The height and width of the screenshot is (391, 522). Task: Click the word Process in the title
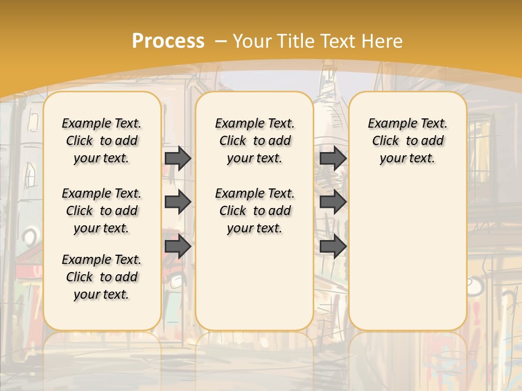[x=168, y=41]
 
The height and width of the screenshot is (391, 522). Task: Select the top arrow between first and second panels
[x=178, y=158]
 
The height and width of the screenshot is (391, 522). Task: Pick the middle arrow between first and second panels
[x=178, y=202]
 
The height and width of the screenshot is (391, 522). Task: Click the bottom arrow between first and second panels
[x=178, y=247]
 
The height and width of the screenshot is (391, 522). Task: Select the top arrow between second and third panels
[x=333, y=158]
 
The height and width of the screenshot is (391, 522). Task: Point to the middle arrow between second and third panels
[x=333, y=202]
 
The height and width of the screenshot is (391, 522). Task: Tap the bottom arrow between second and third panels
[x=333, y=247]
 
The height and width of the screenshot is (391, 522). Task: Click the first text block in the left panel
[x=102, y=141]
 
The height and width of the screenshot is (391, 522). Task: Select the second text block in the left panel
[x=102, y=211]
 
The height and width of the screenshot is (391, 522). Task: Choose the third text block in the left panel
[x=102, y=277]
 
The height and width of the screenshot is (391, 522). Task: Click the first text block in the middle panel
[x=254, y=141]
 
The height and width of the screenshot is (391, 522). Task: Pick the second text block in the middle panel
[x=254, y=211]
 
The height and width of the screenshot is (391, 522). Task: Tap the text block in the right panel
[x=407, y=141]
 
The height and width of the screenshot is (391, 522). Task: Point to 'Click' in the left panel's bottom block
[x=79, y=277]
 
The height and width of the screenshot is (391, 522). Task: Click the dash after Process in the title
[x=221, y=41]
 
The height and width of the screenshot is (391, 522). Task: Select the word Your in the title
[x=253, y=41]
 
